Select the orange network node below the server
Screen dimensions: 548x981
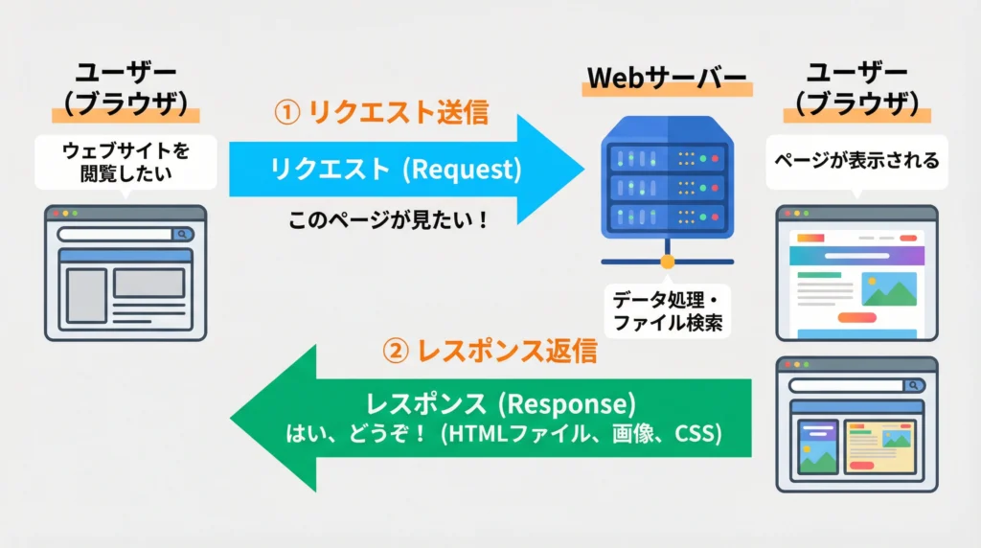coord(667,261)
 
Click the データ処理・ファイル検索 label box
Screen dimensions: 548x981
coord(667,308)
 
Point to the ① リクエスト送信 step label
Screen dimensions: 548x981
coord(381,112)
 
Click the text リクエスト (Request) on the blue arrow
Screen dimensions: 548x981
coord(396,170)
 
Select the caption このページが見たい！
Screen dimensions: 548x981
coord(388,220)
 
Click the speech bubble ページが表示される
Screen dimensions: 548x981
coord(856,161)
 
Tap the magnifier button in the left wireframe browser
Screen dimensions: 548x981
coord(181,234)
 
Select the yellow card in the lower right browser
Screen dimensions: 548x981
coord(879,446)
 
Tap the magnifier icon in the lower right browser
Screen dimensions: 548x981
coord(913,385)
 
